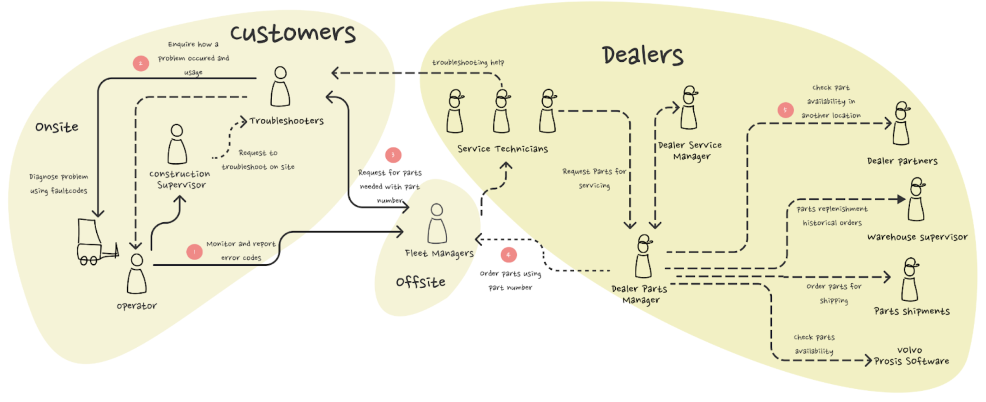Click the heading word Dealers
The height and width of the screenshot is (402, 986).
642,55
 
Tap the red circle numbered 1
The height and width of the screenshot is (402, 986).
194,252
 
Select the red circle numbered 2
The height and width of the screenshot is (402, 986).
141,63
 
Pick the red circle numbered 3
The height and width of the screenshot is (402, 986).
393,155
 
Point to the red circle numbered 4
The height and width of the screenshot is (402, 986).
508,255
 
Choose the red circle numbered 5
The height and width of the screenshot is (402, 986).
785,110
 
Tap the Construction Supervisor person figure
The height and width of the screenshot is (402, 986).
177,144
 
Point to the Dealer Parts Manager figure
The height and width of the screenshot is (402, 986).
643,256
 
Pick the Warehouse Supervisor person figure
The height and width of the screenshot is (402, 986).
917,199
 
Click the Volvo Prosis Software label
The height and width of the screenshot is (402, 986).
911,356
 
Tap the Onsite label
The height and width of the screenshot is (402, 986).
57,127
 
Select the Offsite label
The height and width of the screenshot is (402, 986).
420,282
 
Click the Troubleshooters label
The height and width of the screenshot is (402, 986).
286,121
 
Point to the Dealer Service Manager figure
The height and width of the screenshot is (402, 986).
689,108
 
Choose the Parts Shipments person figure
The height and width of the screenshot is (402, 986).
910,280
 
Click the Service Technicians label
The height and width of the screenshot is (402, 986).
502,149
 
